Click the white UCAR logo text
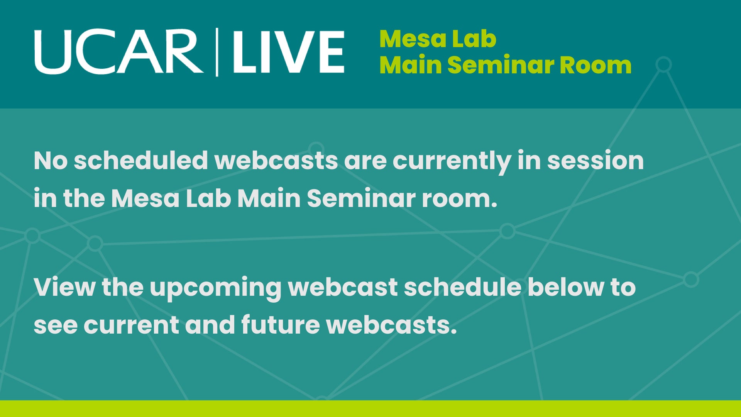tap(118, 52)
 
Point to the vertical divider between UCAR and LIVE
tap(217, 52)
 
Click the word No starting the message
tap(51, 161)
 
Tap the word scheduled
tap(141, 161)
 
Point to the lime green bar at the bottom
tap(370, 409)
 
